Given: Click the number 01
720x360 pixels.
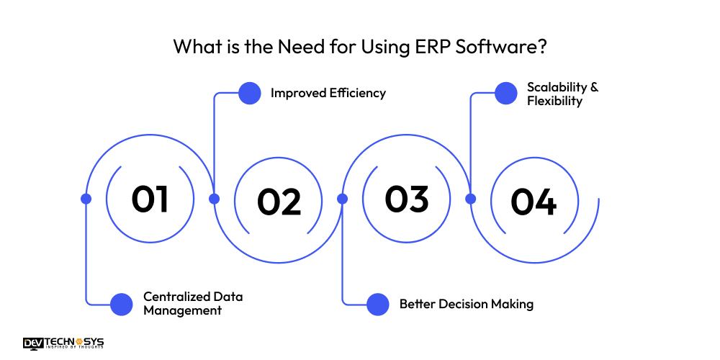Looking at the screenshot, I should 150,199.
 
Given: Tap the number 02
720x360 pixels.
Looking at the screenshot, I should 279,202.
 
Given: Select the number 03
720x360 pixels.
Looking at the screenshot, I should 406,199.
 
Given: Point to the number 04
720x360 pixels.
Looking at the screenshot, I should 534,202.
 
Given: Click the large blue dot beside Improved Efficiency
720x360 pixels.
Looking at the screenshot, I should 249,93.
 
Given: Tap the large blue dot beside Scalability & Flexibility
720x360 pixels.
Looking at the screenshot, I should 506,93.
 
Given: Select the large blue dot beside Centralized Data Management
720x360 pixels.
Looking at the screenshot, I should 122,304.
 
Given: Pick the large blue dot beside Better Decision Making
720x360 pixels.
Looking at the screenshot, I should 378,304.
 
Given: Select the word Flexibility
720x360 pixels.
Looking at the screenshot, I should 554,101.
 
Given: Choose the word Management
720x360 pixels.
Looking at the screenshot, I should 182,311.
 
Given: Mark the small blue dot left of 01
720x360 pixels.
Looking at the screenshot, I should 86,199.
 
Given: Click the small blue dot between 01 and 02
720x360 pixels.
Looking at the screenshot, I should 214,199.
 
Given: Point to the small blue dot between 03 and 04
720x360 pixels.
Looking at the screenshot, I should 471,199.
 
